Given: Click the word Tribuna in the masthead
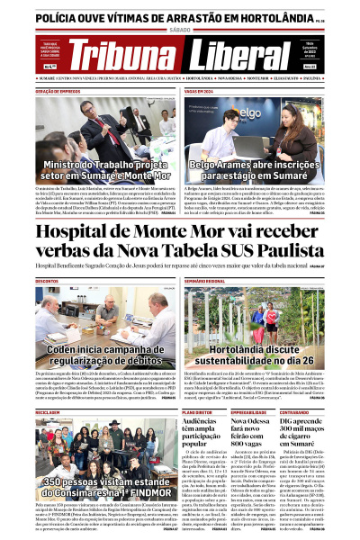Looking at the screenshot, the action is (123, 55).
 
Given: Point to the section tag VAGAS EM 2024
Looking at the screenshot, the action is (202, 91).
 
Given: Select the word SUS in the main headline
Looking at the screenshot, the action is (215, 251).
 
